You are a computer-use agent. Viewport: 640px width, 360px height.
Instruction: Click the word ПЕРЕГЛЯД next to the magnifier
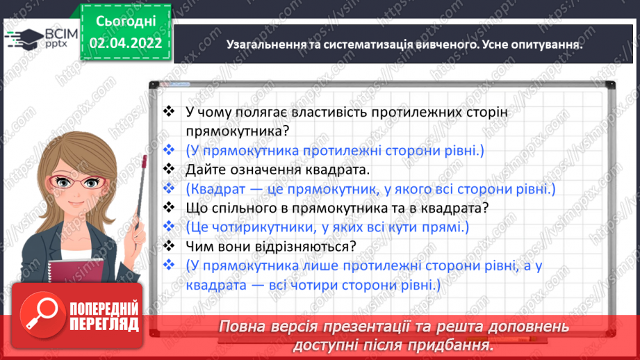(x=105, y=324)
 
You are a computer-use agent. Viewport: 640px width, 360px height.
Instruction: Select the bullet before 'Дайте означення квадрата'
(x=167, y=169)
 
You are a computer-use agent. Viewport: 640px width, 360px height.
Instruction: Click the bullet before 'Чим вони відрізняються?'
(x=167, y=245)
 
